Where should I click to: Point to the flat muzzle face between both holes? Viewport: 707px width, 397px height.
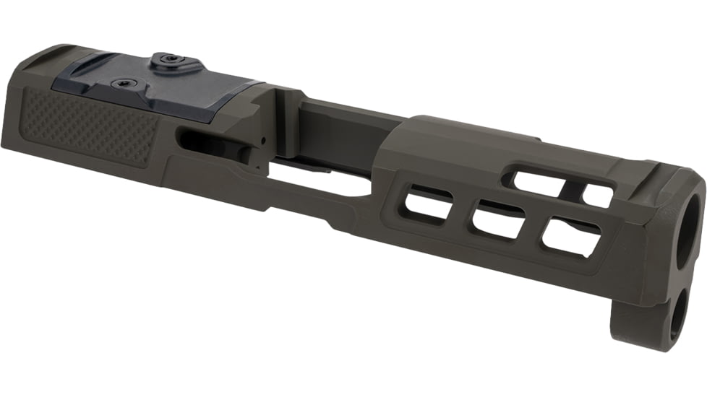(x=683, y=274)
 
